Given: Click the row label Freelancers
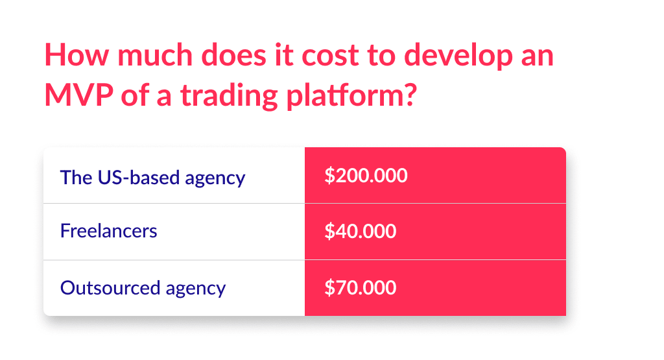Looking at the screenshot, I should click(108, 231).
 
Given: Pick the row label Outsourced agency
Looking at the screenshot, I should click(143, 287).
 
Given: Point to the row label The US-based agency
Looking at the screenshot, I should click(152, 177).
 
